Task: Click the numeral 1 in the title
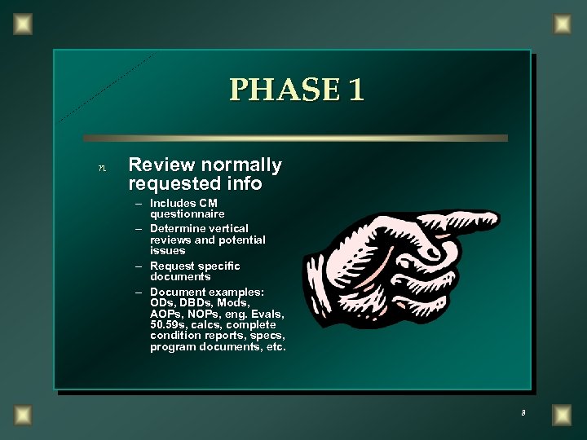pyautogui.click(x=355, y=90)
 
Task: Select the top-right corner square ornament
pyautogui.click(x=563, y=24)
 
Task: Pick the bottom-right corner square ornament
pyautogui.click(x=563, y=415)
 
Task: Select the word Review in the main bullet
pyautogui.click(x=161, y=165)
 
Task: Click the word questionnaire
pyautogui.click(x=188, y=213)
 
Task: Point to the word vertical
pyautogui.click(x=227, y=228)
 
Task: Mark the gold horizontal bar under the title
pyautogui.click(x=295, y=139)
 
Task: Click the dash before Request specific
pyautogui.click(x=141, y=266)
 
